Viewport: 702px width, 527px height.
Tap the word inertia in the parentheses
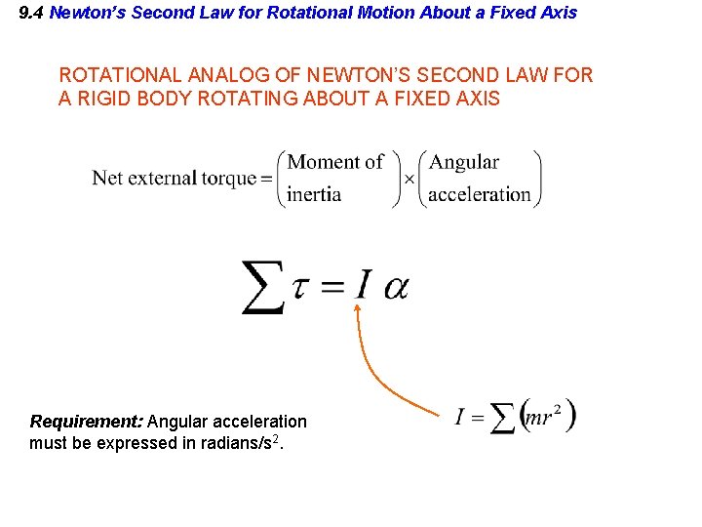(x=314, y=194)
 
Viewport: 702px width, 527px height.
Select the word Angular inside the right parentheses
(x=464, y=163)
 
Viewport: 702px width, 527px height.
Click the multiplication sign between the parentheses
(x=409, y=179)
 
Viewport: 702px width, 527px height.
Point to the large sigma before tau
(x=262, y=287)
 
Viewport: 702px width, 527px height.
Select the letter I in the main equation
(x=362, y=286)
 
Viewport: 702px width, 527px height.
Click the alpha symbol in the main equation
(x=396, y=288)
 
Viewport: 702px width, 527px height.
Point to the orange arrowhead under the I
(x=357, y=308)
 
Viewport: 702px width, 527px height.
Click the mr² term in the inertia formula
(x=544, y=418)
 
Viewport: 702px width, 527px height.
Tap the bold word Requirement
(x=87, y=422)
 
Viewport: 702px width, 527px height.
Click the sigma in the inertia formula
(x=502, y=420)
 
